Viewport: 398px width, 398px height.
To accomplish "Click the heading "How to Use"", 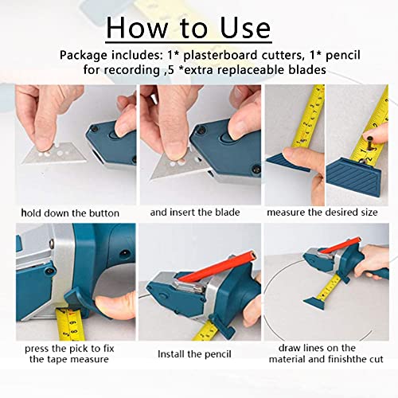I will [189, 27].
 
